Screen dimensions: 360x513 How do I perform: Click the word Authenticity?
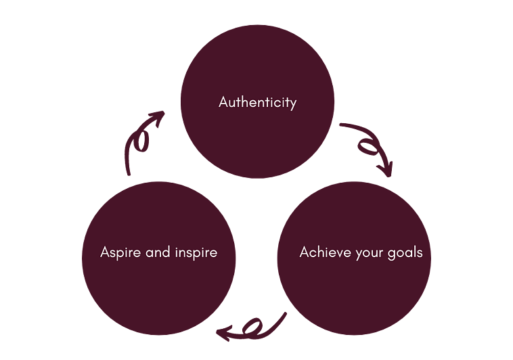pyautogui.click(x=257, y=103)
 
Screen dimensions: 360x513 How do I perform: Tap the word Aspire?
pyautogui.click(x=118, y=253)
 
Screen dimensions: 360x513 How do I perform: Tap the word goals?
pyautogui.click(x=405, y=253)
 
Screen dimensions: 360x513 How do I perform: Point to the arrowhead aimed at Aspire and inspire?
pyautogui.click(x=223, y=332)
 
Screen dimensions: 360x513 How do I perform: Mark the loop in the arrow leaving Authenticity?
pyautogui.click(x=367, y=143)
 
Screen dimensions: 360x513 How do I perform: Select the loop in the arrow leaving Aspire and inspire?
pyautogui.click(x=141, y=141)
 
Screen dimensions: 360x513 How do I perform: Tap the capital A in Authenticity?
pyautogui.click(x=224, y=103)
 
